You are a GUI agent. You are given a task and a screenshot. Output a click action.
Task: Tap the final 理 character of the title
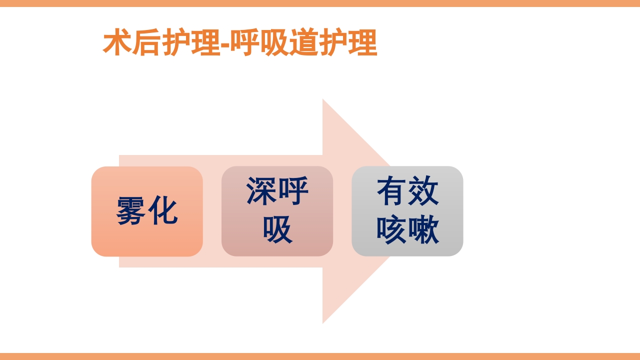point(363,43)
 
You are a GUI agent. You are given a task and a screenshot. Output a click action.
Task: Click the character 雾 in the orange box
point(131,211)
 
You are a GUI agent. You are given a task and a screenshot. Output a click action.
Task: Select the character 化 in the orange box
point(162,211)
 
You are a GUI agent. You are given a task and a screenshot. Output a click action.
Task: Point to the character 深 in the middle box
point(261,191)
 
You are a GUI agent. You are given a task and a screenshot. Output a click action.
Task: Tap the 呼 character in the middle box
point(293,191)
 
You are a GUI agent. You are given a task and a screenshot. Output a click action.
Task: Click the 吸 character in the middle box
point(277,230)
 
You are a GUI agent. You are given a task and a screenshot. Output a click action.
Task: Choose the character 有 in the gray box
point(392,191)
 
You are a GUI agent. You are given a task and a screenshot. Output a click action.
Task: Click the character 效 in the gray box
point(423,191)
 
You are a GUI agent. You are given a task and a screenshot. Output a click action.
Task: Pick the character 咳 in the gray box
point(392,230)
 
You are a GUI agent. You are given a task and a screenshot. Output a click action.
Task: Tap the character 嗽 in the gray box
point(423,230)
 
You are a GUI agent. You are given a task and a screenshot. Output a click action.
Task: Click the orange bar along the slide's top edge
point(320,3)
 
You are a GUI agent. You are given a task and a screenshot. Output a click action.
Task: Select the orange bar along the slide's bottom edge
point(320,356)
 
